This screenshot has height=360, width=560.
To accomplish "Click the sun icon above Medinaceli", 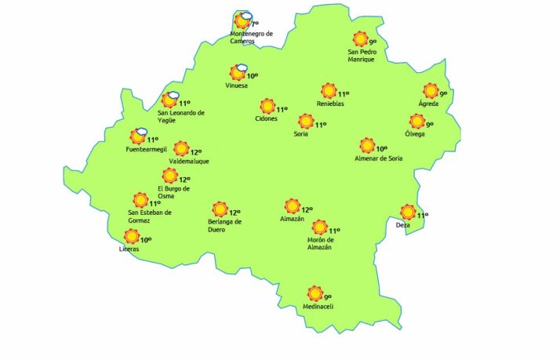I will (x=315, y=293).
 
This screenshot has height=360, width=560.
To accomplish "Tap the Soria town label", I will (x=301, y=134).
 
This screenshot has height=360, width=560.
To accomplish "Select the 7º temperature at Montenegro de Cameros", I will (x=254, y=25).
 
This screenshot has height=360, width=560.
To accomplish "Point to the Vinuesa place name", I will (x=237, y=85).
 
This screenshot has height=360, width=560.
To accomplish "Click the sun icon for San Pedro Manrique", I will (x=360, y=38).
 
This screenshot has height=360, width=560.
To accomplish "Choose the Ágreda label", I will (x=428, y=104).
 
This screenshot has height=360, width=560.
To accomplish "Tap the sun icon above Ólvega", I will (x=416, y=122).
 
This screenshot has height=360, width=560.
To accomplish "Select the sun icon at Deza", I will (x=407, y=212).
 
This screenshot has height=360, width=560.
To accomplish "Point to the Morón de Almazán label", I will (x=319, y=243).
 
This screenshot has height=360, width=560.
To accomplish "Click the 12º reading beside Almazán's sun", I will (x=307, y=209).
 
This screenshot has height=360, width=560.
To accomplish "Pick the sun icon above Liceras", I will (x=131, y=237).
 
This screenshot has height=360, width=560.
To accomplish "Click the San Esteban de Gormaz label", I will (x=149, y=216).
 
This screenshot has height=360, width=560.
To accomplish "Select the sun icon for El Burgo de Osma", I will (x=169, y=176).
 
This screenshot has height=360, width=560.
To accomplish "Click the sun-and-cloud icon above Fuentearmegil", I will (x=140, y=136).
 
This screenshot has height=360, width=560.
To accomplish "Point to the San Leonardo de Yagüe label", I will (x=181, y=116).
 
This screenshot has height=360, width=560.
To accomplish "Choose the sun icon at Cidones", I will (x=267, y=106).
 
